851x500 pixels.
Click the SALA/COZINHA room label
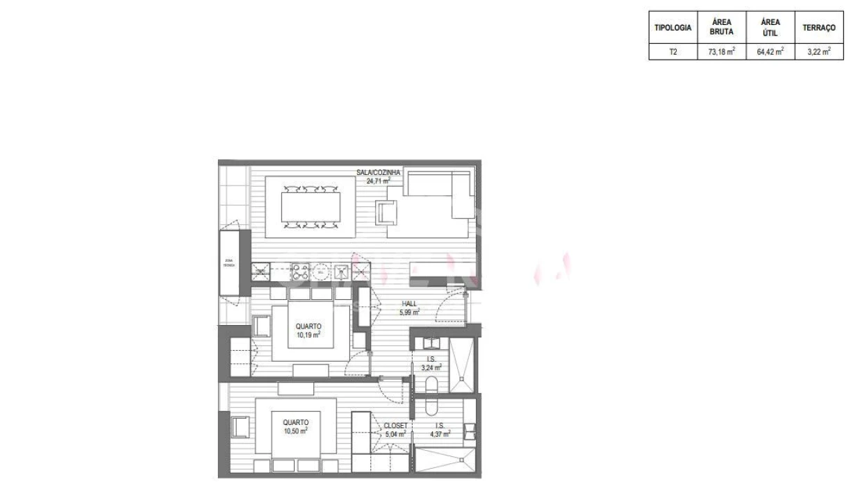pos(377,172)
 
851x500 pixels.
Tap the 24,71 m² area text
pos(379,181)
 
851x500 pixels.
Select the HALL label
pos(408,304)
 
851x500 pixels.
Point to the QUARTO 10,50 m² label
pos(295,426)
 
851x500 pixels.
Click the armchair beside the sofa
pos(386,211)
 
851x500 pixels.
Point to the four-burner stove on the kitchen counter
pos(300,270)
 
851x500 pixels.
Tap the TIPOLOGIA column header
pos(672,28)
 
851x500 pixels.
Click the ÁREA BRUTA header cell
pos(721,27)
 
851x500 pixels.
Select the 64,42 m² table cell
pos(770,51)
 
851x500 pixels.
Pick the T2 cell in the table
pos(672,51)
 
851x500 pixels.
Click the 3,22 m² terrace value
pos(818,51)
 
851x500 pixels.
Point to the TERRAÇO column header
pos(818,28)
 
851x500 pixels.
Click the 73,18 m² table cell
pos(721,51)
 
